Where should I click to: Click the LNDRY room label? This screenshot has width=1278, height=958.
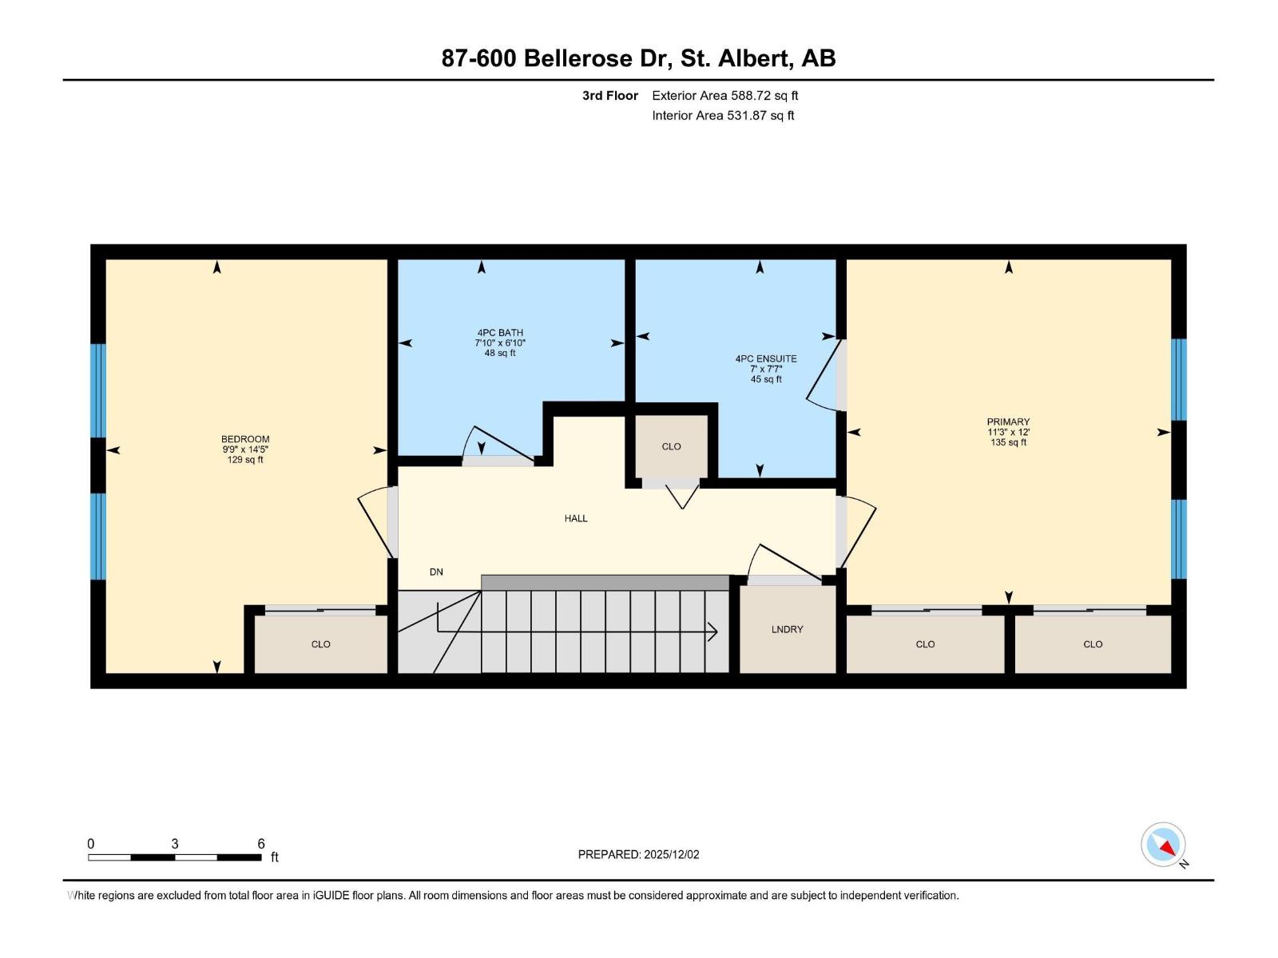[x=787, y=629]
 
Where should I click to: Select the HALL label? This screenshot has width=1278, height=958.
[x=575, y=518]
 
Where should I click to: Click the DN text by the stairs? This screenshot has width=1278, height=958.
[x=436, y=572]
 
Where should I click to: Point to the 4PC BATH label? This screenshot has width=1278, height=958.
[x=500, y=333]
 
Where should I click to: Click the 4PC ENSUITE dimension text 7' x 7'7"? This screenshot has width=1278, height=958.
[x=765, y=369]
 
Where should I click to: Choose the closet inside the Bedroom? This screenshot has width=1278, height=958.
[x=320, y=643]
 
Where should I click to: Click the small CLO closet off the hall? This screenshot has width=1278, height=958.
[x=671, y=446]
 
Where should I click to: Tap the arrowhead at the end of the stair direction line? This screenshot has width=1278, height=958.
[x=712, y=632]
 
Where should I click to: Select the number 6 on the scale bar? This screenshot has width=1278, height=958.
[x=261, y=844]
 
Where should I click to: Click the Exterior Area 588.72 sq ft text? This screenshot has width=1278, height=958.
[x=724, y=95]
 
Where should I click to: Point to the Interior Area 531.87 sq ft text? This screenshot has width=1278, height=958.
[x=723, y=115]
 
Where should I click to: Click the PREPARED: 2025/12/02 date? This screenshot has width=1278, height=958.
[x=638, y=854]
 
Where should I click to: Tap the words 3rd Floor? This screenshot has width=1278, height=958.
[x=609, y=95]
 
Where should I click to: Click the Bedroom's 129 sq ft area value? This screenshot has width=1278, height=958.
[x=244, y=460]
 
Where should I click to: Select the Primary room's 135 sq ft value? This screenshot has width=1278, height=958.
[x=1008, y=442]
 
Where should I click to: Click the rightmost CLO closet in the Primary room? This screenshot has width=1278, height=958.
[x=1092, y=643]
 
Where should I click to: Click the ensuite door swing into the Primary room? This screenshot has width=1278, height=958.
[x=823, y=375]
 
